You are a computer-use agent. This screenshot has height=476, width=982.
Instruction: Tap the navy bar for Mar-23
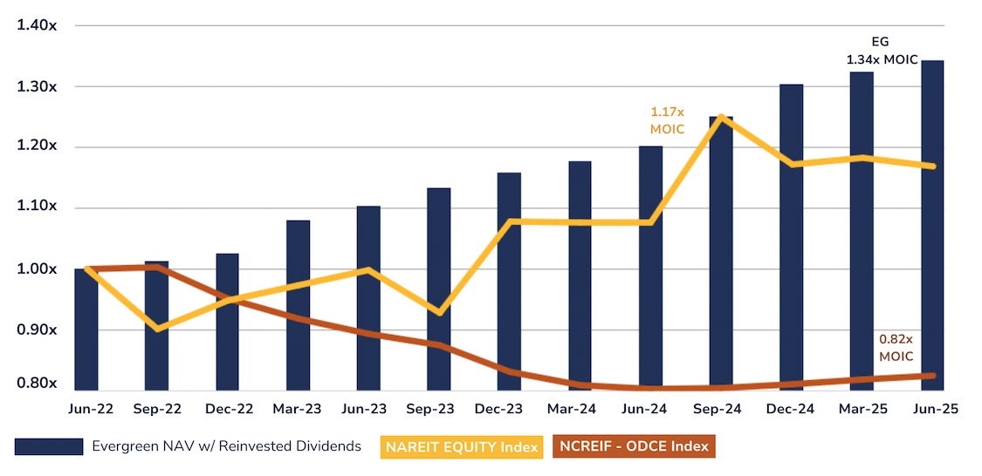(298, 305)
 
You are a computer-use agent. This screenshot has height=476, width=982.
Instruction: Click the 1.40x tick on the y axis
(37, 25)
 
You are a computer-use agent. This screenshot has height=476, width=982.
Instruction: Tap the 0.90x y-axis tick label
(37, 330)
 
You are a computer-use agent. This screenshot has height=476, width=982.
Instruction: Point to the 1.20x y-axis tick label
(37, 146)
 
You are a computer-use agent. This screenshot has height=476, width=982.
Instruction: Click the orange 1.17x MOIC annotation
(667, 120)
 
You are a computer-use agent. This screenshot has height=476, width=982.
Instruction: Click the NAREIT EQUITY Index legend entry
(460, 447)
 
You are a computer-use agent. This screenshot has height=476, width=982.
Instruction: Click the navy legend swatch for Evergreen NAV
(49, 447)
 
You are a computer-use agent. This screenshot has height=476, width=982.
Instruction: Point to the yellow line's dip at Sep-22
(157, 329)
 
